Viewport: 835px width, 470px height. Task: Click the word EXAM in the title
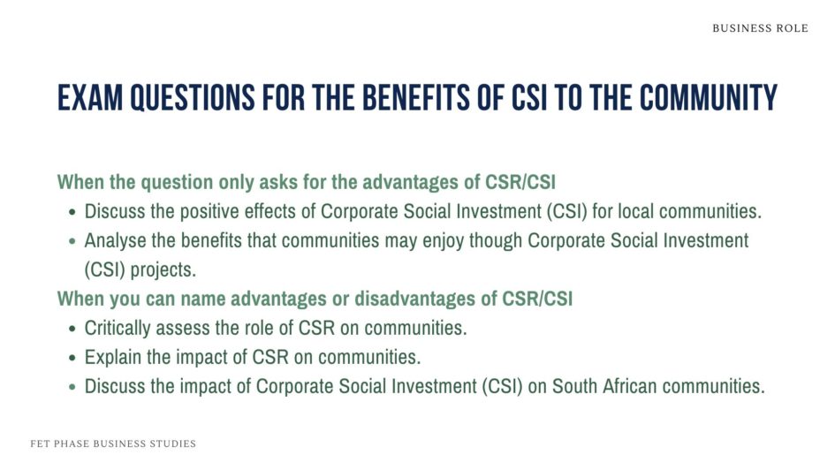click(89, 97)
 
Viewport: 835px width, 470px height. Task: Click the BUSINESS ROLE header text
click(760, 28)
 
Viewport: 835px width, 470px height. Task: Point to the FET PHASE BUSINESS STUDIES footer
click(113, 443)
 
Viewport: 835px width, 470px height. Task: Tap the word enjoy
click(467, 240)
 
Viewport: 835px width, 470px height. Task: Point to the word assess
click(184, 328)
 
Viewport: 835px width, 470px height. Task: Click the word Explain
click(111, 357)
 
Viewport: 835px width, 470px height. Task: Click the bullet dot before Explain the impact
click(72, 358)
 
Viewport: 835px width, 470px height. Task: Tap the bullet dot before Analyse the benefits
click(72, 241)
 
